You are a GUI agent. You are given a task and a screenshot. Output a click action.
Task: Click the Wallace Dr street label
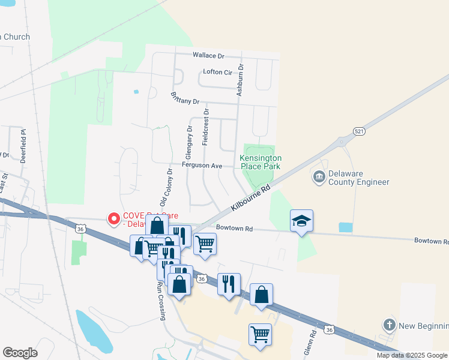(208, 56)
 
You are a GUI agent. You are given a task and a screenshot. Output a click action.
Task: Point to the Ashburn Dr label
(240, 80)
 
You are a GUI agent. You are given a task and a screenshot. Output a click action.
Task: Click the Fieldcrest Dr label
(206, 127)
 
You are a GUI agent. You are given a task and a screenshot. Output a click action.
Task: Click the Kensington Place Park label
(261, 162)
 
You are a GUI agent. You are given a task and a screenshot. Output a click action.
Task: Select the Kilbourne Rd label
(251, 197)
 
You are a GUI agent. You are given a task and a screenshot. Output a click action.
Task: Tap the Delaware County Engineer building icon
(319, 177)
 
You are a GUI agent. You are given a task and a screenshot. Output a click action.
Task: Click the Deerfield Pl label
(24, 146)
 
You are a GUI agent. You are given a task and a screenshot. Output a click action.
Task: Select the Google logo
(20, 353)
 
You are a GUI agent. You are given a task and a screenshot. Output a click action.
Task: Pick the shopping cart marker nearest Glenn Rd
(260, 334)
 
